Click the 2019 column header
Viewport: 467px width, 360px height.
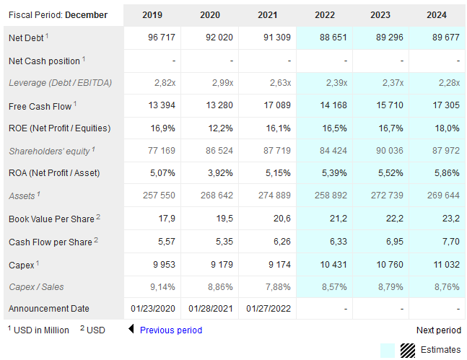click(152, 14)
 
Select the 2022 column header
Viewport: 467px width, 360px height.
click(326, 14)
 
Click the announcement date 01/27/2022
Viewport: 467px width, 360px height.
click(269, 309)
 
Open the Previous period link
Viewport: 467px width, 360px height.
click(170, 330)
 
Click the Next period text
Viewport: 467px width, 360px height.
click(438, 330)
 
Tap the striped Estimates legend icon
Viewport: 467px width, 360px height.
click(409, 350)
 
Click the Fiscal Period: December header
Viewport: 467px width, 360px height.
click(58, 14)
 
